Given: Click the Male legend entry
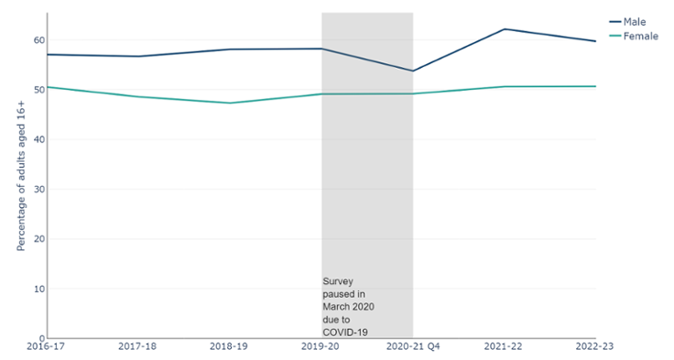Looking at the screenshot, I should point(634,21).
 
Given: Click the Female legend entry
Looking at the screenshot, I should point(639,36).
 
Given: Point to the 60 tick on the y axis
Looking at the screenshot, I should point(38,40).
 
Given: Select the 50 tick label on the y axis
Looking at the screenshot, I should point(38,90).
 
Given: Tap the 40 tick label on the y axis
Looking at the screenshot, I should point(38,139).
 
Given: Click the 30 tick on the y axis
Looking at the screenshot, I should point(38,190).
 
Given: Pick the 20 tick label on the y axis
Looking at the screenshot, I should point(38,239).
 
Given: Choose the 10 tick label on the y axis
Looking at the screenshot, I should point(38,289).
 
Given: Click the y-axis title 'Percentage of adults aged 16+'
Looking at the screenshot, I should point(21,175).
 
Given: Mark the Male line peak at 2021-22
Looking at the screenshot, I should point(504,29).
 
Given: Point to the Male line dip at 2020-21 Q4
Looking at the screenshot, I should point(412,71).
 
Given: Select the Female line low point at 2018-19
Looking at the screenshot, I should point(229,103).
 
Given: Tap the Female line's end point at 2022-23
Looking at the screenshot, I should point(595,86).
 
